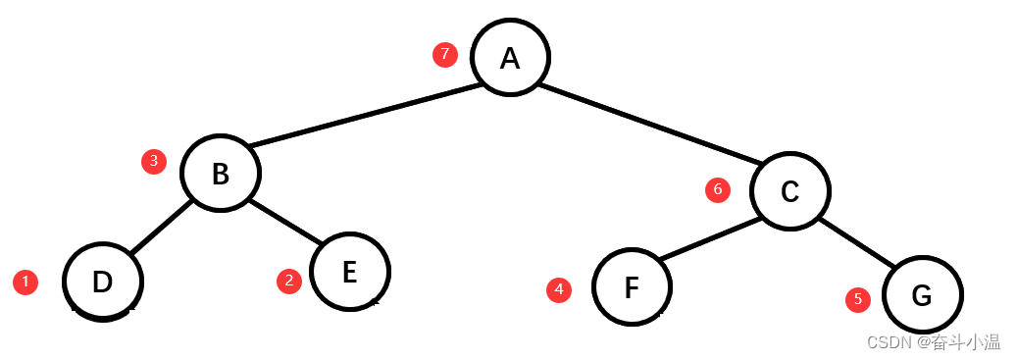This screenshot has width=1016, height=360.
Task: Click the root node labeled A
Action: click(x=510, y=58)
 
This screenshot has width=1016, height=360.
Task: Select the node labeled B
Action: click(x=221, y=173)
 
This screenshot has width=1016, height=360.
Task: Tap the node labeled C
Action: click(x=790, y=191)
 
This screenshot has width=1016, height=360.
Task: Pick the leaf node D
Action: click(x=103, y=282)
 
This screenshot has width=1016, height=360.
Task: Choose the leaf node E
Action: click(x=350, y=271)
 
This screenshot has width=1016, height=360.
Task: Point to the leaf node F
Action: click(x=633, y=287)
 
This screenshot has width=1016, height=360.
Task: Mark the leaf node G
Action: click(x=922, y=293)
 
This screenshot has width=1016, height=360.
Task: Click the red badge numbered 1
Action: click(x=25, y=283)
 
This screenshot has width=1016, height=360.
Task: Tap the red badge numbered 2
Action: click(x=288, y=282)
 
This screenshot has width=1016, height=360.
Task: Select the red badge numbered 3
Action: click(x=154, y=162)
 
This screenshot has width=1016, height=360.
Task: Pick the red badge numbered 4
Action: click(x=559, y=290)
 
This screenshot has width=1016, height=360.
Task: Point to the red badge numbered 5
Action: click(x=858, y=300)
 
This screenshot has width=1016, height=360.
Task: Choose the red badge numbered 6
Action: click(x=718, y=190)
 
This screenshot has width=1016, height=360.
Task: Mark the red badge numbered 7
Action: click(x=445, y=55)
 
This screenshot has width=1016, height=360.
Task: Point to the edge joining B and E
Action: click(x=287, y=225)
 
